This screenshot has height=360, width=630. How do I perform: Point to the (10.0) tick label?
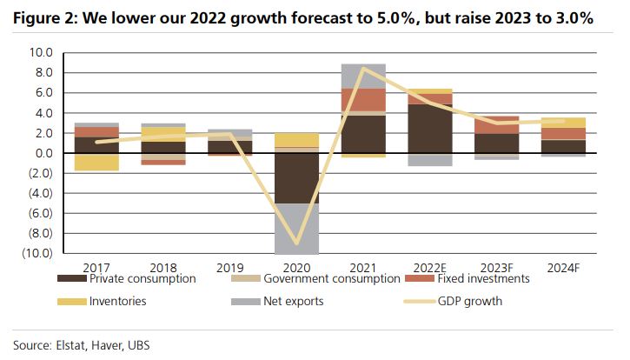37,253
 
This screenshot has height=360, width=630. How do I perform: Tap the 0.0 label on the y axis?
43,153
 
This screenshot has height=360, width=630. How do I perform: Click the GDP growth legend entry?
467,302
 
